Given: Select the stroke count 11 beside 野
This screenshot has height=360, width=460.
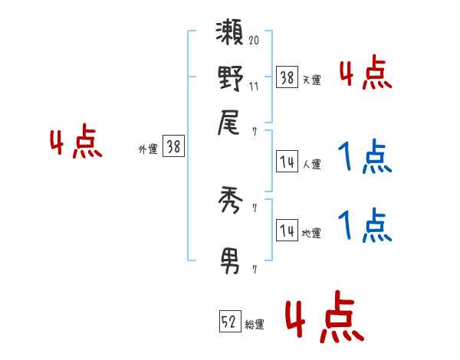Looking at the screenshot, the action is tap(254, 87).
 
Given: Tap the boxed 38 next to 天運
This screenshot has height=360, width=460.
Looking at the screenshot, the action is tap(287, 77).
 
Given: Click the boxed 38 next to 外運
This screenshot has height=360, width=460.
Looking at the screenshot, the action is tap(173, 147).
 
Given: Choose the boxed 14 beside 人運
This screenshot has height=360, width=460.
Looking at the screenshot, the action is tap(287, 162).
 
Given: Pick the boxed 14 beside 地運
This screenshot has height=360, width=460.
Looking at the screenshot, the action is tap(287, 231).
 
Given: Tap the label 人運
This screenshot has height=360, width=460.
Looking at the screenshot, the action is tap(312, 165).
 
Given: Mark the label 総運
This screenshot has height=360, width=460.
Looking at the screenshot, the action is tap(255, 325).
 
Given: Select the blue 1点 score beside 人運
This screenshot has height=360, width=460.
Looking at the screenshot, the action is tap(365, 157).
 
